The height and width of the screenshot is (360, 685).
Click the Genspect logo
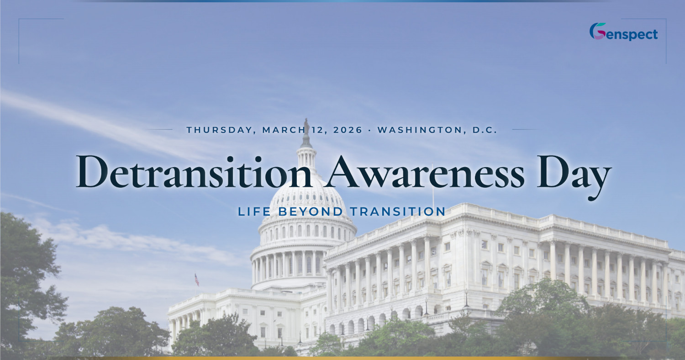(623, 32)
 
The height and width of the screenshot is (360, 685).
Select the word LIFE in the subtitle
(253, 212)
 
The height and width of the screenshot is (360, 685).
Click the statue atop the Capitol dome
(306, 125)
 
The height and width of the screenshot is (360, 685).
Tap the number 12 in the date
(316, 130)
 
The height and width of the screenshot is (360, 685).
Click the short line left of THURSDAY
(160, 130)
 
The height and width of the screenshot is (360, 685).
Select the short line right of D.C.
(525, 130)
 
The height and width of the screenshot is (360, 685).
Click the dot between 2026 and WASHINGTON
(370, 130)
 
